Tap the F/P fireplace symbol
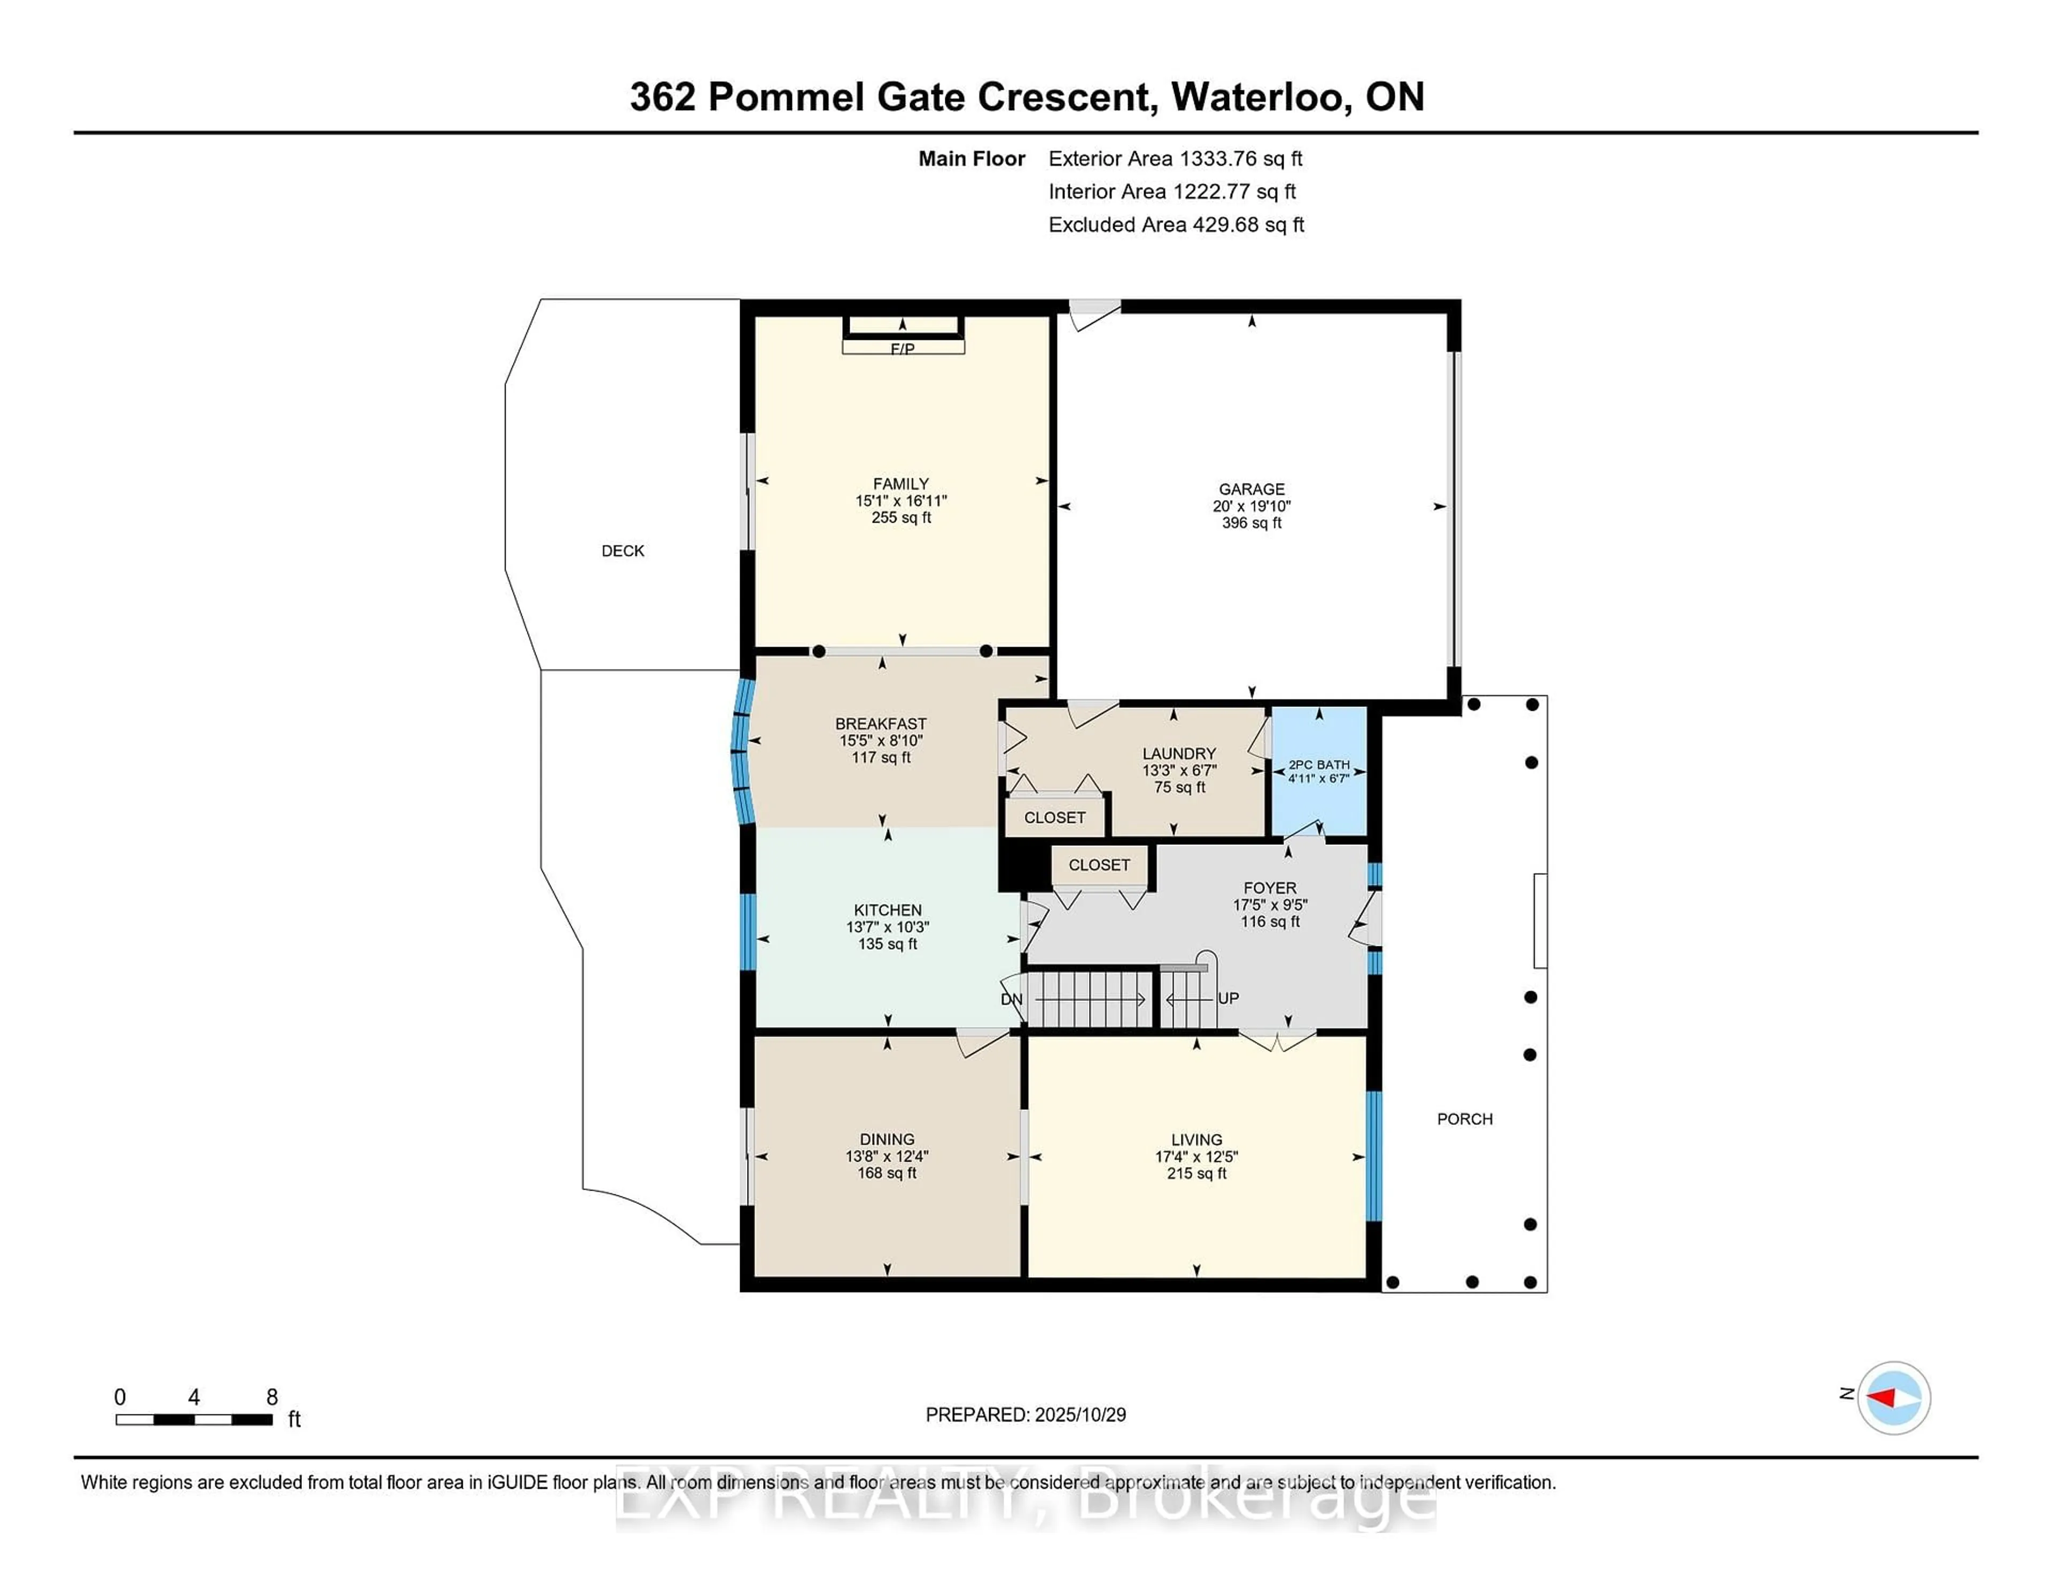click(x=902, y=348)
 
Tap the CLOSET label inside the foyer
click(x=1098, y=865)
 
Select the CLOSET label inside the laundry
click(x=1054, y=818)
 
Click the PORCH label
click(x=1464, y=1119)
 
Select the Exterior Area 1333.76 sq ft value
click(x=1175, y=159)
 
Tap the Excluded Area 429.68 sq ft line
click(x=1176, y=224)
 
